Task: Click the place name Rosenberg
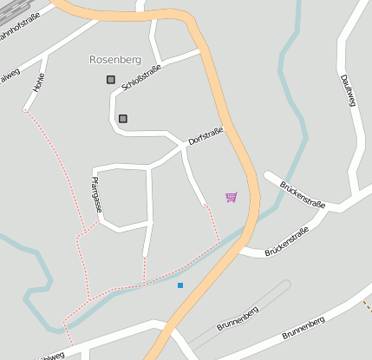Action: (x=114, y=60)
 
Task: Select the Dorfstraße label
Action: (x=206, y=135)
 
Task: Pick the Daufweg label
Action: (x=349, y=91)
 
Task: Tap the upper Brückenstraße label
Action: (x=302, y=194)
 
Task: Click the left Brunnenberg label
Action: (x=238, y=318)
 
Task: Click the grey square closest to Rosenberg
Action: (x=111, y=80)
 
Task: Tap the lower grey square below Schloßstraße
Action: (x=123, y=118)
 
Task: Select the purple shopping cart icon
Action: (x=231, y=198)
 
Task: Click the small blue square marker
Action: (x=180, y=285)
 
